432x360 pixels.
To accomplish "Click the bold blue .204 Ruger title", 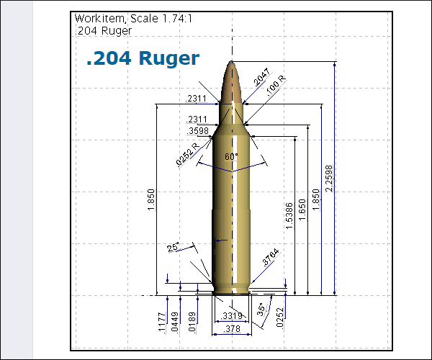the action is (x=143, y=58).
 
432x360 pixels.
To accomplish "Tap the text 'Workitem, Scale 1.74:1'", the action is (x=133, y=19).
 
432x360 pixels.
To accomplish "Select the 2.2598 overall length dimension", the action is (x=329, y=179).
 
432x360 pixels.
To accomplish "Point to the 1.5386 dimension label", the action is (x=289, y=216).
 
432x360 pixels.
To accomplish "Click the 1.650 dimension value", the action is (x=302, y=210).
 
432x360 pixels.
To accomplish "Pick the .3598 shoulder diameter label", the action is (x=197, y=130).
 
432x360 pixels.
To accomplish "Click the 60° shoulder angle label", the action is (x=231, y=156).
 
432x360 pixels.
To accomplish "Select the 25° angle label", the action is (x=173, y=247).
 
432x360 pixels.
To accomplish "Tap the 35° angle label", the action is (x=261, y=310).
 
